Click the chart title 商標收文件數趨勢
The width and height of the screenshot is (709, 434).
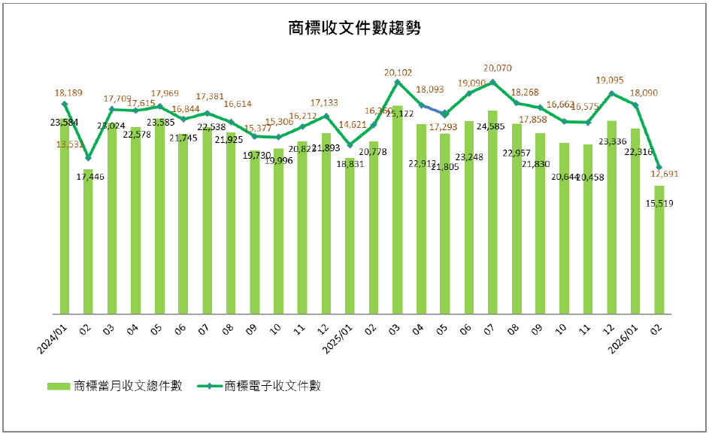354,29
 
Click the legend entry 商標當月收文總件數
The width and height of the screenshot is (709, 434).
127,386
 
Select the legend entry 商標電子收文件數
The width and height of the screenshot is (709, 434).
272,386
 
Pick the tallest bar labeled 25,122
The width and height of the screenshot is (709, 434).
397,211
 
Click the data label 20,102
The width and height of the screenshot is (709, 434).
398,73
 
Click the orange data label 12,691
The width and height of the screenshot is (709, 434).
665,174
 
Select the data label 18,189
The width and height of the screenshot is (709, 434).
68,93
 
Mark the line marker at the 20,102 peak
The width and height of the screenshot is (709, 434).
397,81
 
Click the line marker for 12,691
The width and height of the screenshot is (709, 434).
659,167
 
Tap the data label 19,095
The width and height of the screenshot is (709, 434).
611,79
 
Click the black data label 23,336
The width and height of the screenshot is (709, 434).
611,141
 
